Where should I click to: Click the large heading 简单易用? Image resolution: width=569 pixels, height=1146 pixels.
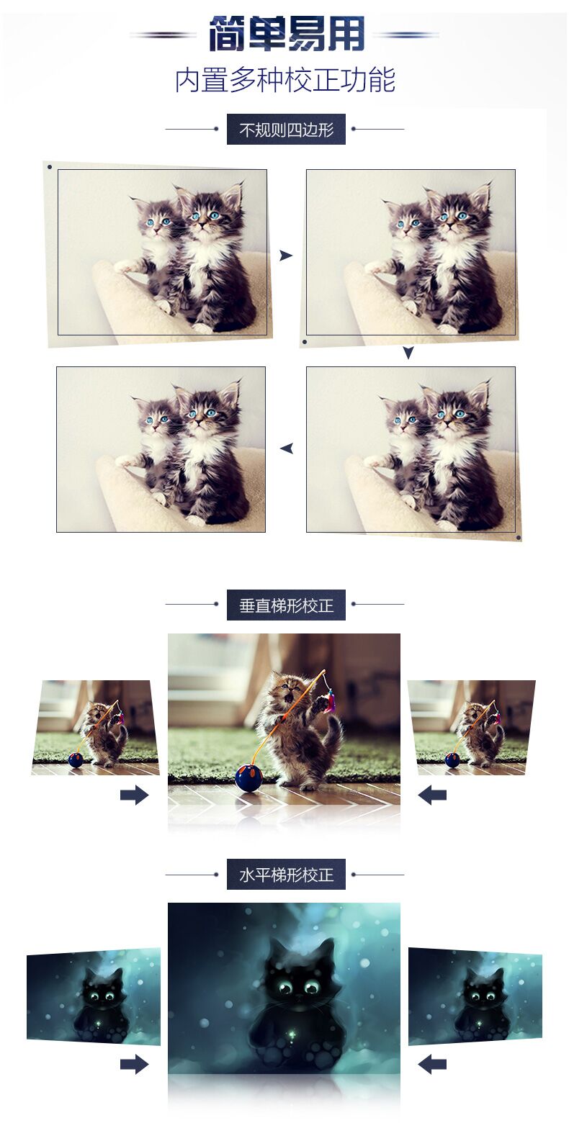pos(287,35)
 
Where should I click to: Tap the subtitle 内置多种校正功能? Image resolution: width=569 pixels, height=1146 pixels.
pos(285,81)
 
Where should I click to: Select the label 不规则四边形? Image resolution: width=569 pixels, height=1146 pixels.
pos(286,130)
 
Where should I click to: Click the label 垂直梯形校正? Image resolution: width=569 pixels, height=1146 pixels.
pos(286,605)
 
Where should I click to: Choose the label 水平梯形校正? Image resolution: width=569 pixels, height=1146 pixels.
pos(286,875)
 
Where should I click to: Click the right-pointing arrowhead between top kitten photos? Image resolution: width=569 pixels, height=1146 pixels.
pos(285,256)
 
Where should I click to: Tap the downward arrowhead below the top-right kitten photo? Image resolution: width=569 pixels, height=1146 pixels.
pos(408,353)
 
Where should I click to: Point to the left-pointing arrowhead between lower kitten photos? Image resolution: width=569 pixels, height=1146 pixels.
pos(287,448)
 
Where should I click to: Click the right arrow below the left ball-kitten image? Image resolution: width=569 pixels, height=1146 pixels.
pos(135,795)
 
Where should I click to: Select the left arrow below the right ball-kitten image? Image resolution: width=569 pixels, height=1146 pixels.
pos(432,795)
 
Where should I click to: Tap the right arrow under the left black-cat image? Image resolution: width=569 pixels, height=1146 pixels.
pos(135,1065)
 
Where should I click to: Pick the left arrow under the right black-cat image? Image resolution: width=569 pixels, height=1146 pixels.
pos(432,1065)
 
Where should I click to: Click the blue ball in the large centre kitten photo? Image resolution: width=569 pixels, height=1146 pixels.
pos(249,777)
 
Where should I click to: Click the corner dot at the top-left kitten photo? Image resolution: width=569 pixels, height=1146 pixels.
pos(50,167)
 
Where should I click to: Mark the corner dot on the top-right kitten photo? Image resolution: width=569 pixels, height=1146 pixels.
pos(305,342)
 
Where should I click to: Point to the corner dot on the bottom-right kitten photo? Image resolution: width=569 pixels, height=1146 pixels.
pos(518,538)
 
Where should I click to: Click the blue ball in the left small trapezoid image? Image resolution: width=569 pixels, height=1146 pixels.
pos(75,760)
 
